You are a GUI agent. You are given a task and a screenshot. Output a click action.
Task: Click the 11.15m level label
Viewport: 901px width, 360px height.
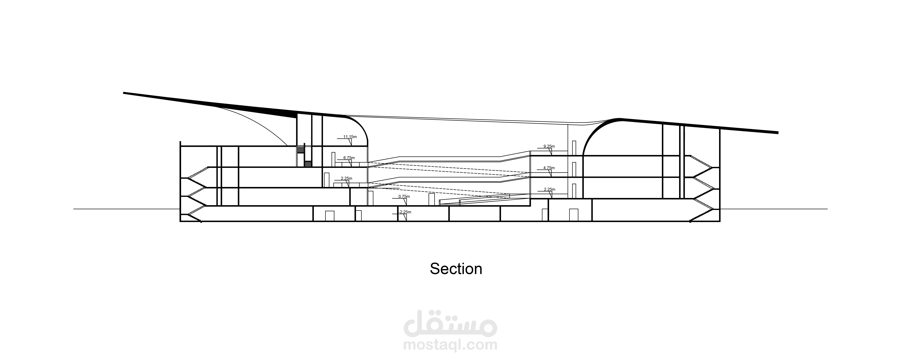[x=350, y=136]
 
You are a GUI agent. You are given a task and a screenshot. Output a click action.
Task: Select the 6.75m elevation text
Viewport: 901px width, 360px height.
[x=349, y=158]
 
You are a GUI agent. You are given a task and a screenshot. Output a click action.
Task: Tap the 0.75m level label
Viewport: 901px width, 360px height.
[x=404, y=197]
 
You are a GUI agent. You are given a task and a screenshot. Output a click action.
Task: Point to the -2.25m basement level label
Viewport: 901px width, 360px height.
[x=405, y=212]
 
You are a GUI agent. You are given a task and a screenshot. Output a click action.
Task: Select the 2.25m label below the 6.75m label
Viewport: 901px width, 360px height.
[x=346, y=178]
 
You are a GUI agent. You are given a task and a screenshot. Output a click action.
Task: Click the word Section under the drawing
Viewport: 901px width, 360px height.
[x=456, y=269]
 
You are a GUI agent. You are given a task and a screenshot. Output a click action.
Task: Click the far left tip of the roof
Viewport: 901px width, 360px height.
[x=124, y=93]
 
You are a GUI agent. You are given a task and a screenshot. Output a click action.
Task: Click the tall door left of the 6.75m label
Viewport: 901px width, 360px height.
[x=333, y=159]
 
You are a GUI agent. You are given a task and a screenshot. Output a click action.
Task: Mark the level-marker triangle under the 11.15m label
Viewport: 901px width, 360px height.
[x=350, y=142]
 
